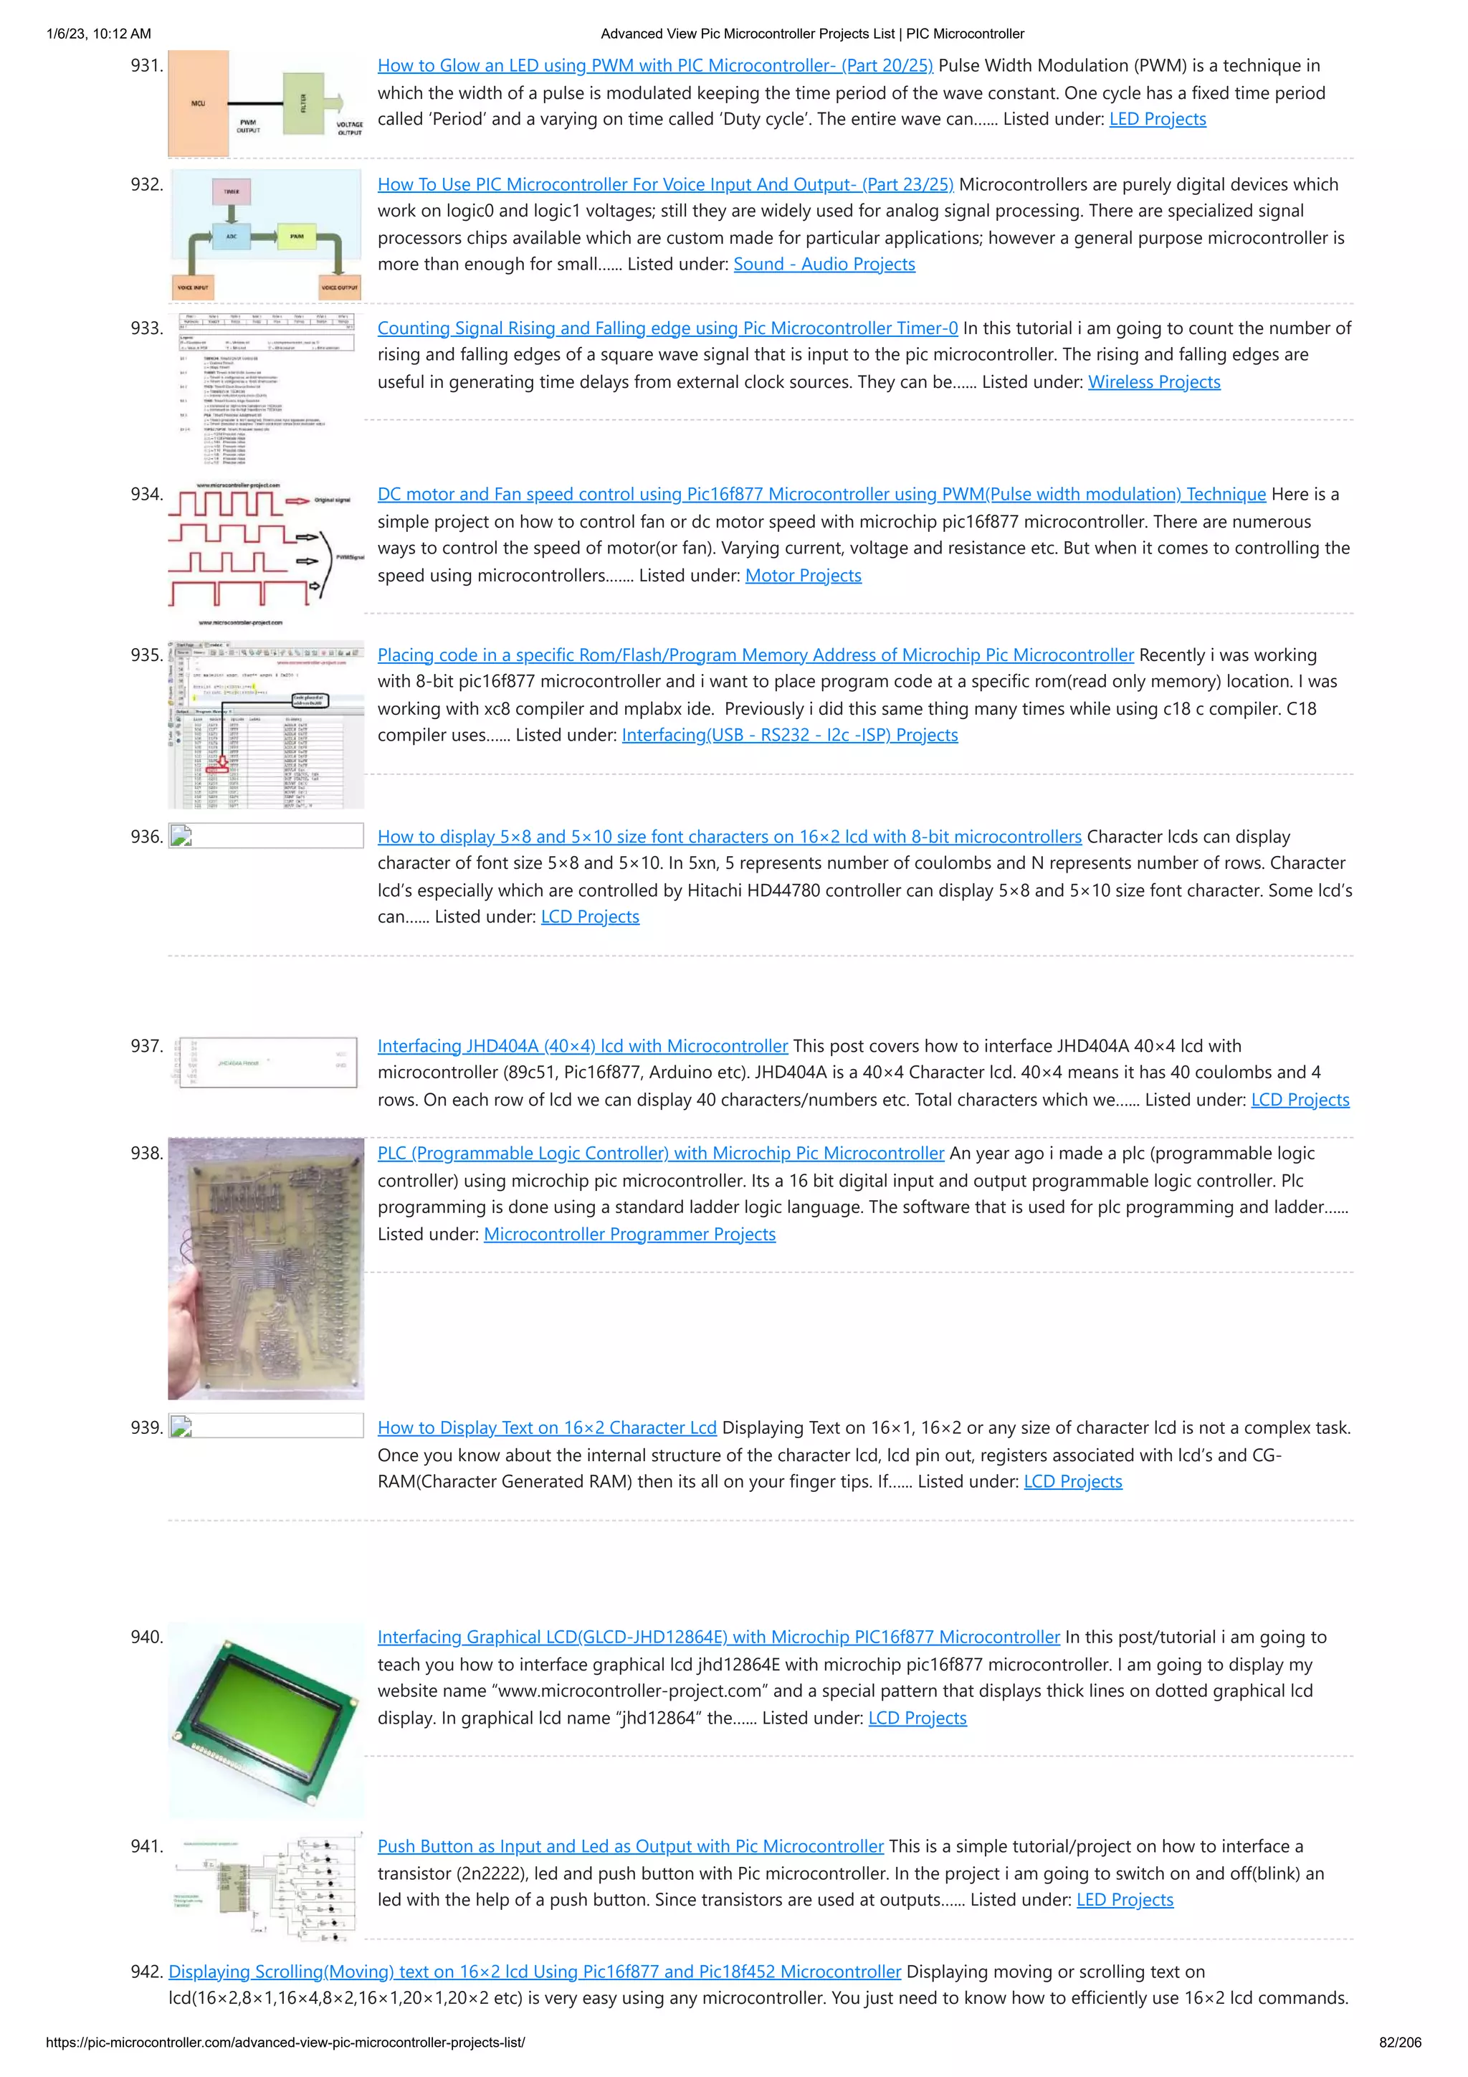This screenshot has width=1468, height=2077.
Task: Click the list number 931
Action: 146,66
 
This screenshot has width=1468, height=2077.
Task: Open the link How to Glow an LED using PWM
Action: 655,66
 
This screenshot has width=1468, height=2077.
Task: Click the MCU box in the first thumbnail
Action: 198,104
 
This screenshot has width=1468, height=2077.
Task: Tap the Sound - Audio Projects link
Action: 824,264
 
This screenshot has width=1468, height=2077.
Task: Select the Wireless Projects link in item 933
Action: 1153,381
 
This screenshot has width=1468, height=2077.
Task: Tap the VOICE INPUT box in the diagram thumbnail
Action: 192,287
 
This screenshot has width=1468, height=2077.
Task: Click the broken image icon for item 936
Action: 181,836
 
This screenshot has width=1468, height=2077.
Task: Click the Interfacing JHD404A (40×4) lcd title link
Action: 583,1046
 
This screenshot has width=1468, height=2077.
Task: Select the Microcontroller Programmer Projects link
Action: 629,1234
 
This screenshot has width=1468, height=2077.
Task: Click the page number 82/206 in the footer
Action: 1399,2043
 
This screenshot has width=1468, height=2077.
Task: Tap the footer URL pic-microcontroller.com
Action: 285,2043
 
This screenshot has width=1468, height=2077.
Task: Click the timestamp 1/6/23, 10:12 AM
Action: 99,34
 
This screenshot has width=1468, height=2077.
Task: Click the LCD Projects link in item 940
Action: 917,1718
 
